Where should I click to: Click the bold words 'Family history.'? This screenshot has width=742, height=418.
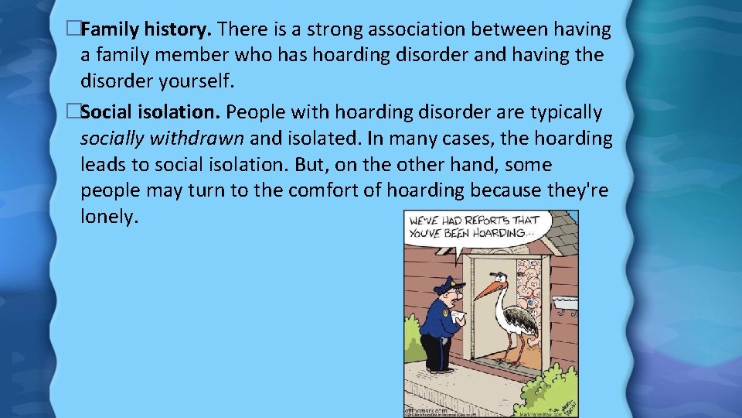(x=146, y=30)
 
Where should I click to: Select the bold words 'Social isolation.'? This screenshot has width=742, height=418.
(x=151, y=112)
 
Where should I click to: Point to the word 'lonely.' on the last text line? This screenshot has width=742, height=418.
(x=109, y=218)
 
